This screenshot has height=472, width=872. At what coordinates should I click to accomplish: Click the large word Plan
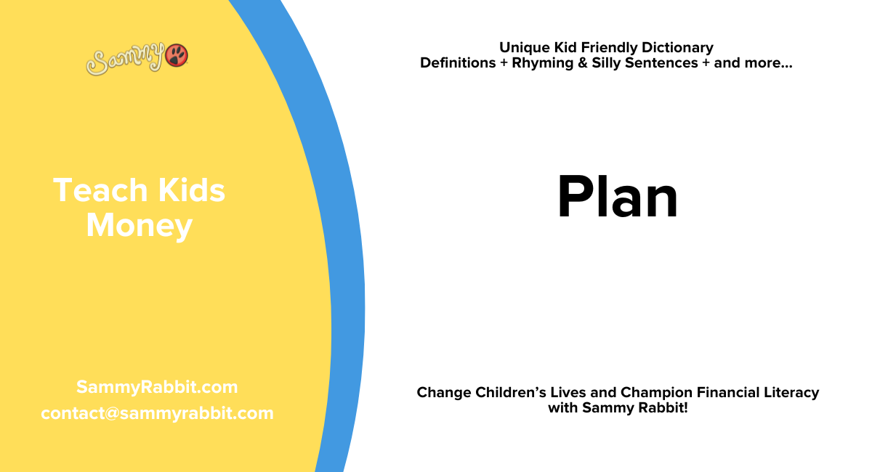click(x=617, y=198)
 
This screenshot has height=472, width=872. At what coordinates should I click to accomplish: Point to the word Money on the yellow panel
click(x=139, y=226)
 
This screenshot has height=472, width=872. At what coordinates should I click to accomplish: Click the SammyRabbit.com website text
click(x=157, y=387)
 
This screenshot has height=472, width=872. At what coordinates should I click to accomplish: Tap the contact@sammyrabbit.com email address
click(x=157, y=413)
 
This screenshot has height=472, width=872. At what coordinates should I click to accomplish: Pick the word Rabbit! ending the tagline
click(x=663, y=408)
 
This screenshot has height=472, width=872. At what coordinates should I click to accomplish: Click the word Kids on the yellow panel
click(x=190, y=191)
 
